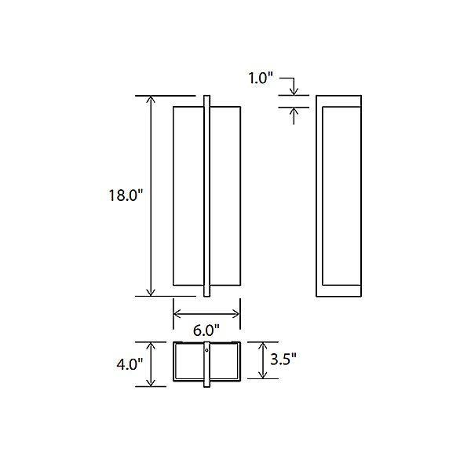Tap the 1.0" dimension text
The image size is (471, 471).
[x=260, y=78]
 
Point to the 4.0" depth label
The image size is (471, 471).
[x=130, y=364]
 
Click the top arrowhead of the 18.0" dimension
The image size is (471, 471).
[x=151, y=100]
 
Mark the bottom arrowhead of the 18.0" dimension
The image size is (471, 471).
[x=151, y=291]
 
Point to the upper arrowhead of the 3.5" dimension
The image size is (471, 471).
[x=262, y=346]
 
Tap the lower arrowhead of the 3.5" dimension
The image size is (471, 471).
[x=262, y=375]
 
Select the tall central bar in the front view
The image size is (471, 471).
[x=206, y=196]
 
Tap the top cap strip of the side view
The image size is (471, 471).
[x=338, y=100]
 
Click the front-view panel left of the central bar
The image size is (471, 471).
[x=188, y=196]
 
